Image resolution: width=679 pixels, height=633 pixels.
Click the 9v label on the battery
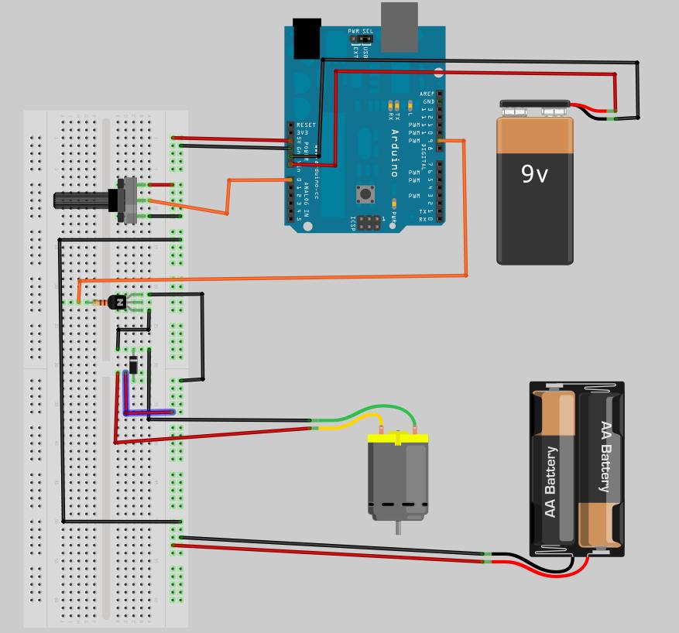[x=534, y=174]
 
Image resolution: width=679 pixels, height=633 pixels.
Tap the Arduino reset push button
[x=363, y=192]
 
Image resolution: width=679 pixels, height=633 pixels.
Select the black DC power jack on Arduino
[x=307, y=38]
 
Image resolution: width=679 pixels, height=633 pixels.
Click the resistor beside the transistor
[x=98, y=303]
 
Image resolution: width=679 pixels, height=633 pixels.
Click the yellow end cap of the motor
[x=398, y=438]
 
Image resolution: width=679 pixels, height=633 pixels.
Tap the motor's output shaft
[x=398, y=528]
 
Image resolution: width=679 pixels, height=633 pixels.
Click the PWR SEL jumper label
[x=360, y=32]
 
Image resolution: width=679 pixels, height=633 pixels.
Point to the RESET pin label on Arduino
[x=306, y=125]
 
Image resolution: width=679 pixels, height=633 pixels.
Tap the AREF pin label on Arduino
[x=427, y=94]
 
